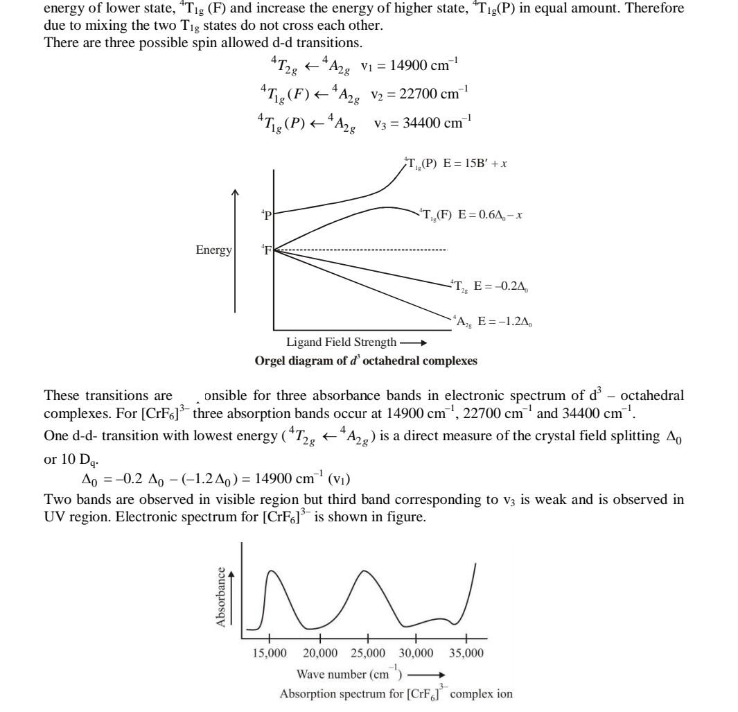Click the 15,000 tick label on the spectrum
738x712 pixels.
click(269, 653)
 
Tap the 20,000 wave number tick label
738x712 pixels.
click(319, 653)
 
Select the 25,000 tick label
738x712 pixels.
click(368, 653)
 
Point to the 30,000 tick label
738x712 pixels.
click(416, 653)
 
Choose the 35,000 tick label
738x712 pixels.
click(466, 653)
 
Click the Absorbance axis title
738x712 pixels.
click(221, 598)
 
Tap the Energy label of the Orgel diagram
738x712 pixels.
click(213, 250)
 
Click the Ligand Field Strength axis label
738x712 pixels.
click(342, 342)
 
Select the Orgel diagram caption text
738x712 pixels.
click(366, 361)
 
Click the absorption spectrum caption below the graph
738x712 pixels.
click(396, 693)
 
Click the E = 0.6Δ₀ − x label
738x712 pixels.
click(491, 215)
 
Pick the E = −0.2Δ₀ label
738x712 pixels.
click(502, 286)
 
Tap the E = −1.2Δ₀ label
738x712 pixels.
click(505, 321)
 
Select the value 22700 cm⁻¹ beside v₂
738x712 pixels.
click(429, 92)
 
